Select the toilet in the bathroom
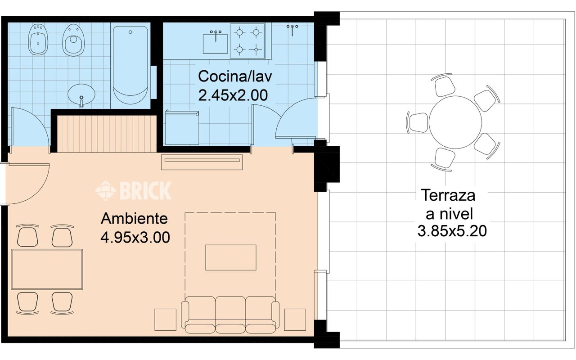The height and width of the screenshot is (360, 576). coord(73,40)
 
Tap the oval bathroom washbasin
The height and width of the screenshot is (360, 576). coord(81,94)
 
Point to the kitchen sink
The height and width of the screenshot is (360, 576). coord(216,43)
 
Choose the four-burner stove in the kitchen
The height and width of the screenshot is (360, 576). coord(247,41)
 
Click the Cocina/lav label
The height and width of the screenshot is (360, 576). coord(235,76)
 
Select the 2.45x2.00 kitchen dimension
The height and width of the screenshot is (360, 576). coord(233,95)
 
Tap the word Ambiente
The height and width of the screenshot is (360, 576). coord(134,219)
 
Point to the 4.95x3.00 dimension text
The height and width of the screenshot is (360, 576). coord(135,237)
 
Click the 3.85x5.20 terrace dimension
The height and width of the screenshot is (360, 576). coord(452,231)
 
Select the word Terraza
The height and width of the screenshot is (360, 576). coord(448,195)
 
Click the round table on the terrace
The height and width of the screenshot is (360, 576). coord(455,122)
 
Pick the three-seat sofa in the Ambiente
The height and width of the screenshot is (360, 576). coord(230,315)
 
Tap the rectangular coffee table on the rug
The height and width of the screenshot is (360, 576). coord(231,257)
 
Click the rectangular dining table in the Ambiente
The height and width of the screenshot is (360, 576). coord(47,269)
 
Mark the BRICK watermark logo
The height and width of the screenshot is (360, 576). coord(133,190)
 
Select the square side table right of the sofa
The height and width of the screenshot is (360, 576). coord(295,319)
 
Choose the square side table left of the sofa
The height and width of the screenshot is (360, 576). coord(165,319)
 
